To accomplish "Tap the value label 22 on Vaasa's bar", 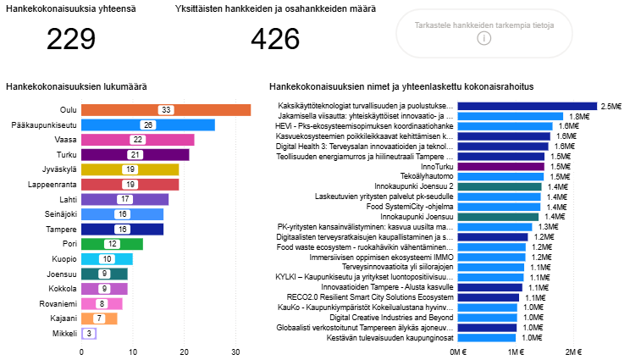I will coord(137,140).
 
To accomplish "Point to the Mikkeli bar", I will coord(87,334).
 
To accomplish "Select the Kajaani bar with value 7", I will coord(98,318).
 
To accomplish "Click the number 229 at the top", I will coord(71,39).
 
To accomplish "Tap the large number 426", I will coord(276,39).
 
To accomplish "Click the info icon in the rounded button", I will coord(484,38).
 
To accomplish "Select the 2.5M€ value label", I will coord(611,106).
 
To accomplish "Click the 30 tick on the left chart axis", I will coord(236,351).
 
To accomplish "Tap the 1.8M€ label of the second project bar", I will coord(578,116).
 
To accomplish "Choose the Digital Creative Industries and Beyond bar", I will coord(487,317).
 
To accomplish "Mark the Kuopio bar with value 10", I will coord(107,258).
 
